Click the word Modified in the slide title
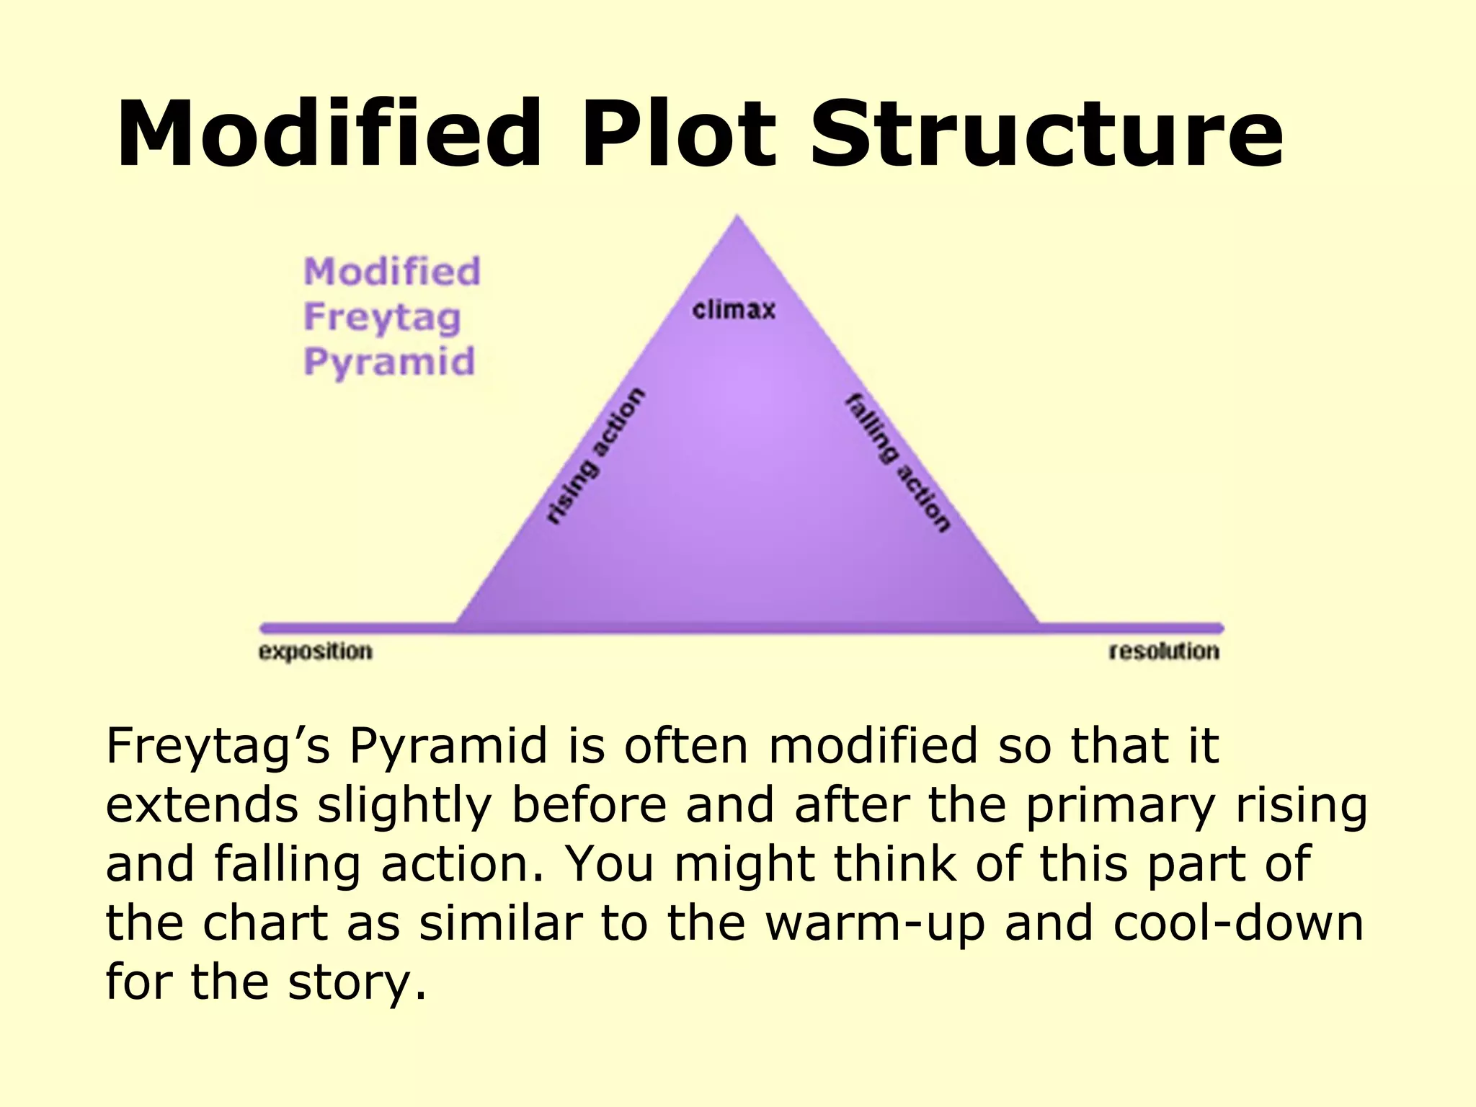coord(329,134)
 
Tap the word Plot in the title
coord(679,134)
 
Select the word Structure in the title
coord(1046,134)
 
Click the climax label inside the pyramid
coord(734,310)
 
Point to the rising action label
coord(595,455)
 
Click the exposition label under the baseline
coord(316,651)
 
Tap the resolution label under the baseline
coord(1164,651)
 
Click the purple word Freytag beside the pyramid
coord(382,317)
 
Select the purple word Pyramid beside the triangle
coord(389,362)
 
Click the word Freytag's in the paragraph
coord(218,747)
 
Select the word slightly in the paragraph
coord(404,806)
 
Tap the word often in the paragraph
coord(685,747)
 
